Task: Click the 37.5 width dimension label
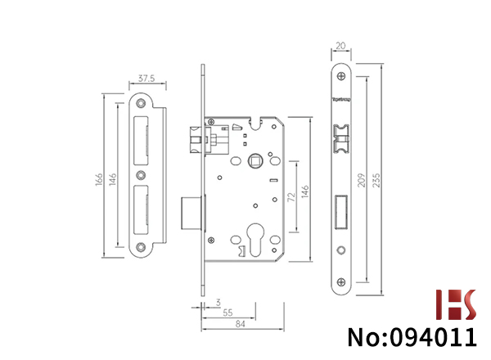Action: click(x=146, y=79)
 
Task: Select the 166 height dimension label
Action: click(x=99, y=179)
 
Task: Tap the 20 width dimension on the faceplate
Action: click(x=340, y=46)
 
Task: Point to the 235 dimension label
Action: click(x=376, y=180)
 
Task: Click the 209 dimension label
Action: click(x=362, y=180)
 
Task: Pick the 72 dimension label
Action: click(x=291, y=197)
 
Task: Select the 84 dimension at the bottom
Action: click(x=240, y=324)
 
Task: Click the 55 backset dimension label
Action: click(x=227, y=313)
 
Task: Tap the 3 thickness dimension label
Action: click(x=218, y=303)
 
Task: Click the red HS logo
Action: click(x=456, y=304)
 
